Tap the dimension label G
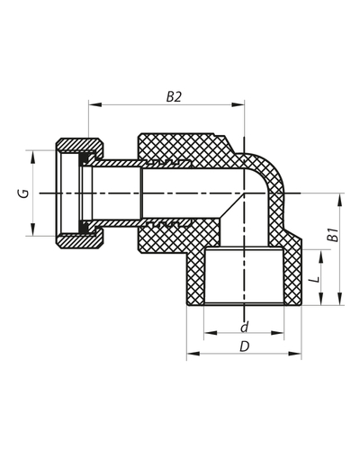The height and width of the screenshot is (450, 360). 25,193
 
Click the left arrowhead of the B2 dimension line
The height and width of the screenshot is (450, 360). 92,106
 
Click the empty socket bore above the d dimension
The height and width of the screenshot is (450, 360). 243,279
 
